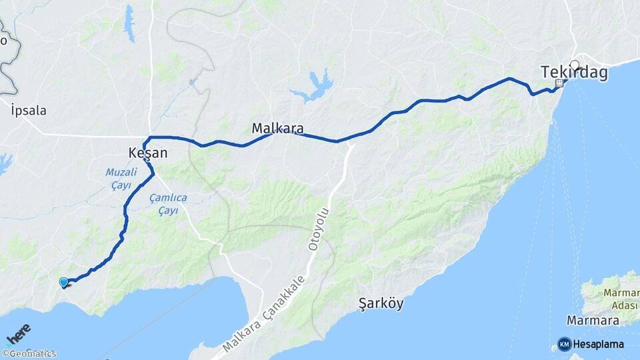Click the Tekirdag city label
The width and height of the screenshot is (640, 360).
(574, 73)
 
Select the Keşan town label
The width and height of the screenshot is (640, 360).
(148, 153)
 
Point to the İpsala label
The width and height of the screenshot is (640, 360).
(29, 111)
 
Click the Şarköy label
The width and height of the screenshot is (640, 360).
(381, 304)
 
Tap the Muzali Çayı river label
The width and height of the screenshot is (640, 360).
(121, 179)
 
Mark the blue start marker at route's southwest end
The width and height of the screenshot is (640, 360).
(63, 283)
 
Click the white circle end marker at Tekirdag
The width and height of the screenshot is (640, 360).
(575, 65)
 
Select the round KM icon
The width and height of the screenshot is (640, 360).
(565, 344)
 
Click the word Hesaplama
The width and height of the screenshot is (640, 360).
(599, 344)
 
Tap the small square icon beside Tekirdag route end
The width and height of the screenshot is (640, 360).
(559, 83)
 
